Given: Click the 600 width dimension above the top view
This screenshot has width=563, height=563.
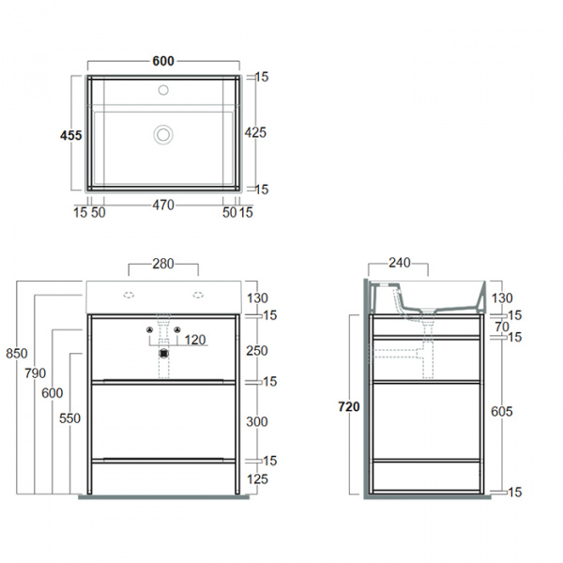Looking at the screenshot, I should click(x=163, y=61).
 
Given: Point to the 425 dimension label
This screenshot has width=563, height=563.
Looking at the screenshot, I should click(x=255, y=132).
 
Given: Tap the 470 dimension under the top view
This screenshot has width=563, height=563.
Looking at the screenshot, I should click(x=163, y=206).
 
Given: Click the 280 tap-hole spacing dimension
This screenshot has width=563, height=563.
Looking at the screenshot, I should click(x=163, y=265).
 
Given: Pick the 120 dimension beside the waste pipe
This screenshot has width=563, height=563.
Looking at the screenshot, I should click(x=194, y=339).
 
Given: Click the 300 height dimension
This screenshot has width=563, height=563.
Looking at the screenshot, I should click(x=255, y=422).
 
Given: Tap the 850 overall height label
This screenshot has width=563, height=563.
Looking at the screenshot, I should click(x=16, y=355).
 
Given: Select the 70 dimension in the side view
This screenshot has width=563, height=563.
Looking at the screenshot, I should click(x=501, y=327).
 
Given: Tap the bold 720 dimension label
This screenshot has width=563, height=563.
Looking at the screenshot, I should click(x=350, y=407).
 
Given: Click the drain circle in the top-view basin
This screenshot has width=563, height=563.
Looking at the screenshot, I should click(x=163, y=135).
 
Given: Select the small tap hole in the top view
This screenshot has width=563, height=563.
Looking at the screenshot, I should click(x=163, y=92).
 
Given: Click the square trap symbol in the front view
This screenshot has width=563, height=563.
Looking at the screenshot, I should click(x=164, y=355).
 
